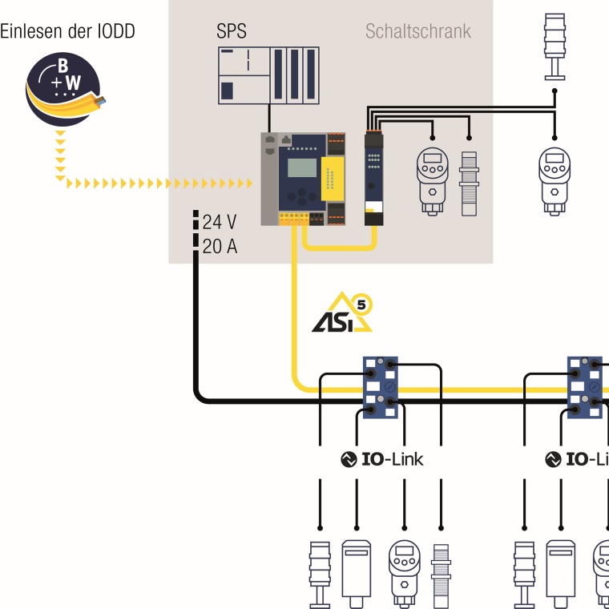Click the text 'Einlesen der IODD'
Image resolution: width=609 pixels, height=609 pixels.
[67, 31]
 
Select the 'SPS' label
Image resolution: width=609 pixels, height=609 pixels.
[232, 32]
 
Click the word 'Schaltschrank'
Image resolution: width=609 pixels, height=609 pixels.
[418, 32]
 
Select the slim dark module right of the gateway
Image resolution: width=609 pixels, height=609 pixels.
[374, 179]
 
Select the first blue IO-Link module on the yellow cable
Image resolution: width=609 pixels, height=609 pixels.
[381, 389]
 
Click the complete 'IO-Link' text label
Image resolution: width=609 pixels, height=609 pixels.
[381, 459]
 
